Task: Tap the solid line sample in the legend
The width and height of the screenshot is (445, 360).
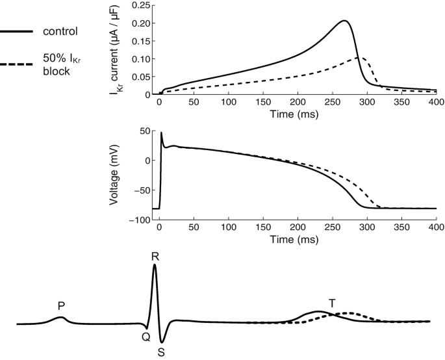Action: point(16,31)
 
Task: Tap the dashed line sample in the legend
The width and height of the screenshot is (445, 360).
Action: point(16,64)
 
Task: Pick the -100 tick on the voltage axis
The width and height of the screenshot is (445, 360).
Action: point(141,220)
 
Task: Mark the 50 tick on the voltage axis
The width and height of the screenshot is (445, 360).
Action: point(146,131)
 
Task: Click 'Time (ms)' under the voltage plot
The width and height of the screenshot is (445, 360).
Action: point(297,238)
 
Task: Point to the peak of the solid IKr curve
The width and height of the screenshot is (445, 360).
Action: point(345,21)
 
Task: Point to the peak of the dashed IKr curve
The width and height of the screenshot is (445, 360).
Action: point(359,58)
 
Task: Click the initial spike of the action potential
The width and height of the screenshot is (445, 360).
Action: point(161,133)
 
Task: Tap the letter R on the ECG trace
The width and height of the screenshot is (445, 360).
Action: point(155,256)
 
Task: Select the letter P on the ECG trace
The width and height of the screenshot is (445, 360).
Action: point(60,305)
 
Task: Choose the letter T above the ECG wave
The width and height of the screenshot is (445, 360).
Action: point(332,303)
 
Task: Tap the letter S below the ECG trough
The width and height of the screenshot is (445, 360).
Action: point(161,353)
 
